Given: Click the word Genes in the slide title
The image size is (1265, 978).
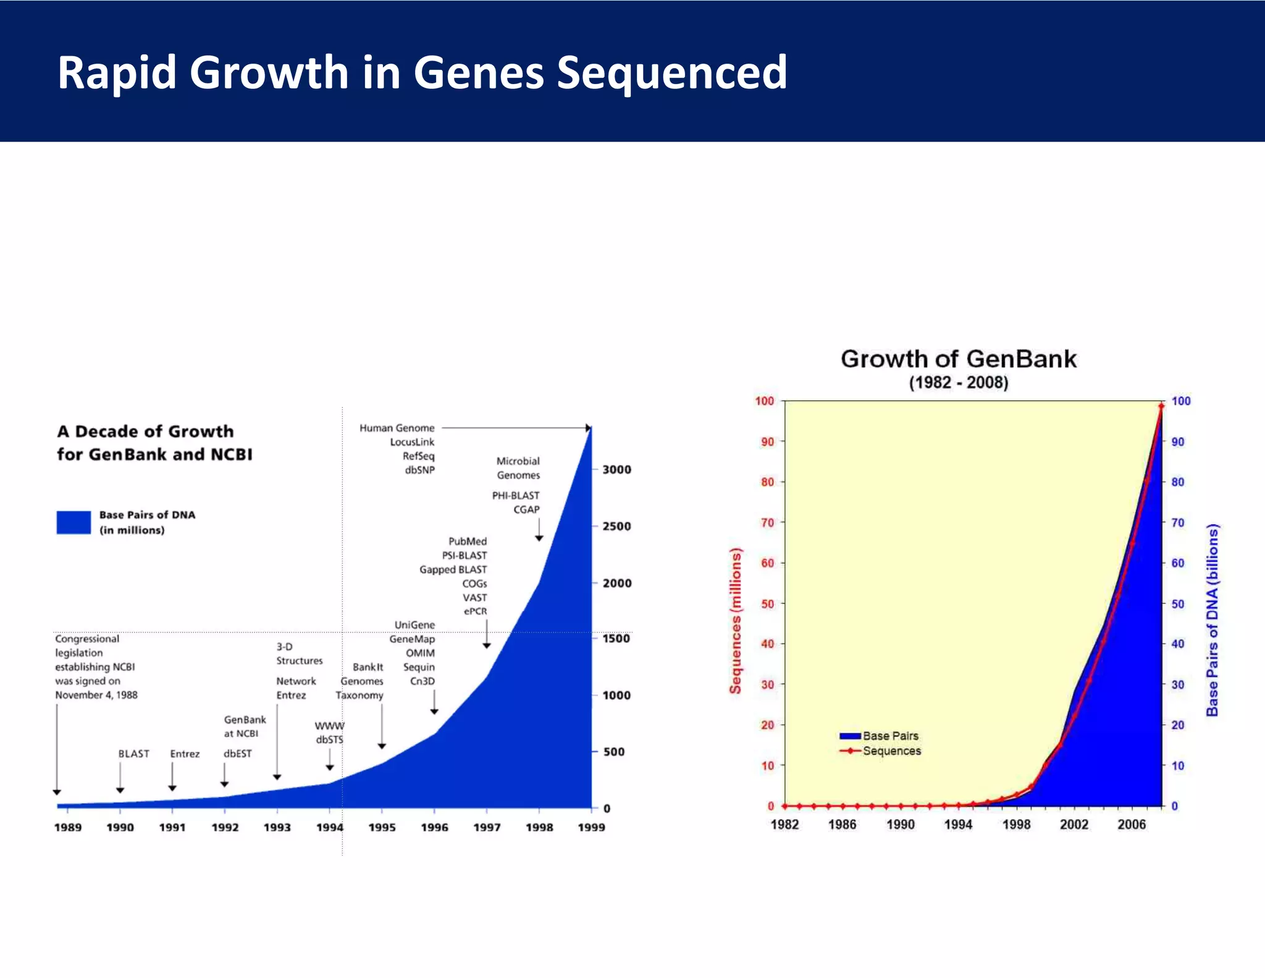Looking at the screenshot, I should pos(479,73).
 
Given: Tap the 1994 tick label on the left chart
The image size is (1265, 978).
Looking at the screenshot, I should pos(329,827).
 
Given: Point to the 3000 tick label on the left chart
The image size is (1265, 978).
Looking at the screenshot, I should pos(616,469).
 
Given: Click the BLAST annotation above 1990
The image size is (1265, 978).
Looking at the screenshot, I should pos(133,754).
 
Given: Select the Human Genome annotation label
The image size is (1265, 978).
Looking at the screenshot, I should pos(397,428).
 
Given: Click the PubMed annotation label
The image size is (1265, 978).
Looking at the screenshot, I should pos(467,541).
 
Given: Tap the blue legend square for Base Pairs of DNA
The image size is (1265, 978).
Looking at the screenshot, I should pos(74,522).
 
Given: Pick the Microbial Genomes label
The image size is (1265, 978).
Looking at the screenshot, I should pos(518,468).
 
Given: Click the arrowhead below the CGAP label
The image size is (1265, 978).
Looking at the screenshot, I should pos(539,538).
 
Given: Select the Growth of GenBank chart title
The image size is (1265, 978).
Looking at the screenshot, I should pos(958,359).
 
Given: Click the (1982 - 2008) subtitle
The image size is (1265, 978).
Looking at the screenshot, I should pos(958,383).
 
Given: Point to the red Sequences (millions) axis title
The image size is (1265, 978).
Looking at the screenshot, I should pos(735,621).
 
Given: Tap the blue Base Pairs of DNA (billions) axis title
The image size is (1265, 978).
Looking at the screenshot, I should pos(1212,620).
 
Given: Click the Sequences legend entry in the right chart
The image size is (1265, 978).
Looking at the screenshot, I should pos(891,751).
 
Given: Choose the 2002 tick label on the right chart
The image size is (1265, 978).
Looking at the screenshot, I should pos(1074,824).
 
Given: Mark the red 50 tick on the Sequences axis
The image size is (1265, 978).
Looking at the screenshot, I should pos(767,603).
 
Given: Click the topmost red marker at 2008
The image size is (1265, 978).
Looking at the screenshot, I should pos(1161,406).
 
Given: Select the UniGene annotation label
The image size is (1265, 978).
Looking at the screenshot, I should pos(414,625).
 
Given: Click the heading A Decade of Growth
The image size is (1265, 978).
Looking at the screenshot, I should pos(145,432).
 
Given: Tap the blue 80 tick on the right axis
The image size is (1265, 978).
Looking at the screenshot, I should pos(1177,482).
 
